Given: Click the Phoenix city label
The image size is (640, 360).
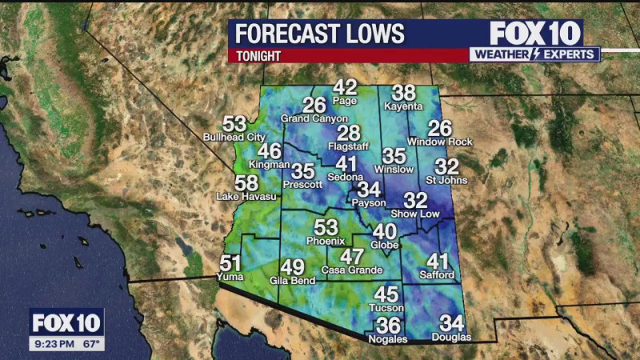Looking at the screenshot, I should pyautogui.click(x=326, y=241).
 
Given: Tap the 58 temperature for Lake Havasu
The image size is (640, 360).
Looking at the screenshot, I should pyautogui.click(x=246, y=183).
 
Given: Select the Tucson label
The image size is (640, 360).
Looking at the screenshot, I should pyautogui.click(x=386, y=308).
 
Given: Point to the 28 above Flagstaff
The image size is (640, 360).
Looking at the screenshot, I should pyautogui.click(x=348, y=134).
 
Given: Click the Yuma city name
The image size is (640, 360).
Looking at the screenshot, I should pyautogui.click(x=230, y=277).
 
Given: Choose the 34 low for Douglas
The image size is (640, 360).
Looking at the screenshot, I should pyautogui.click(x=452, y=324).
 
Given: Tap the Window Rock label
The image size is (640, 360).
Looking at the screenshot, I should pyautogui.click(x=440, y=142).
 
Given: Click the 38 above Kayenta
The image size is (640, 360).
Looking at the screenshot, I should pyautogui.click(x=404, y=94).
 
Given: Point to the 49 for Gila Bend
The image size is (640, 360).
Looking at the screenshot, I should pyautogui.click(x=292, y=268).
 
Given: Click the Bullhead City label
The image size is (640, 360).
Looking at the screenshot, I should pyautogui.click(x=234, y=138).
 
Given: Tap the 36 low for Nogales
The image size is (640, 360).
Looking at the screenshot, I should pyautogui.click(x=388, y=326).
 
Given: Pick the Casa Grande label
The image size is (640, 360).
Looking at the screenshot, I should pyautogui.click(x=352, y=270).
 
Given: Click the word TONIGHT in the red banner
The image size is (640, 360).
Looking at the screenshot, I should pyautogui.click(x=258, y=56).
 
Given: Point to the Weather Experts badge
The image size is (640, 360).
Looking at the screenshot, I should pyautogui.click(x=534, y=54).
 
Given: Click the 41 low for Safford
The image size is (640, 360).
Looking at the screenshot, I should pyautogui.click(x=438, y=262).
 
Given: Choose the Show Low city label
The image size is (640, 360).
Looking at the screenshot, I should pyautogui.click(x=415, y=214).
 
